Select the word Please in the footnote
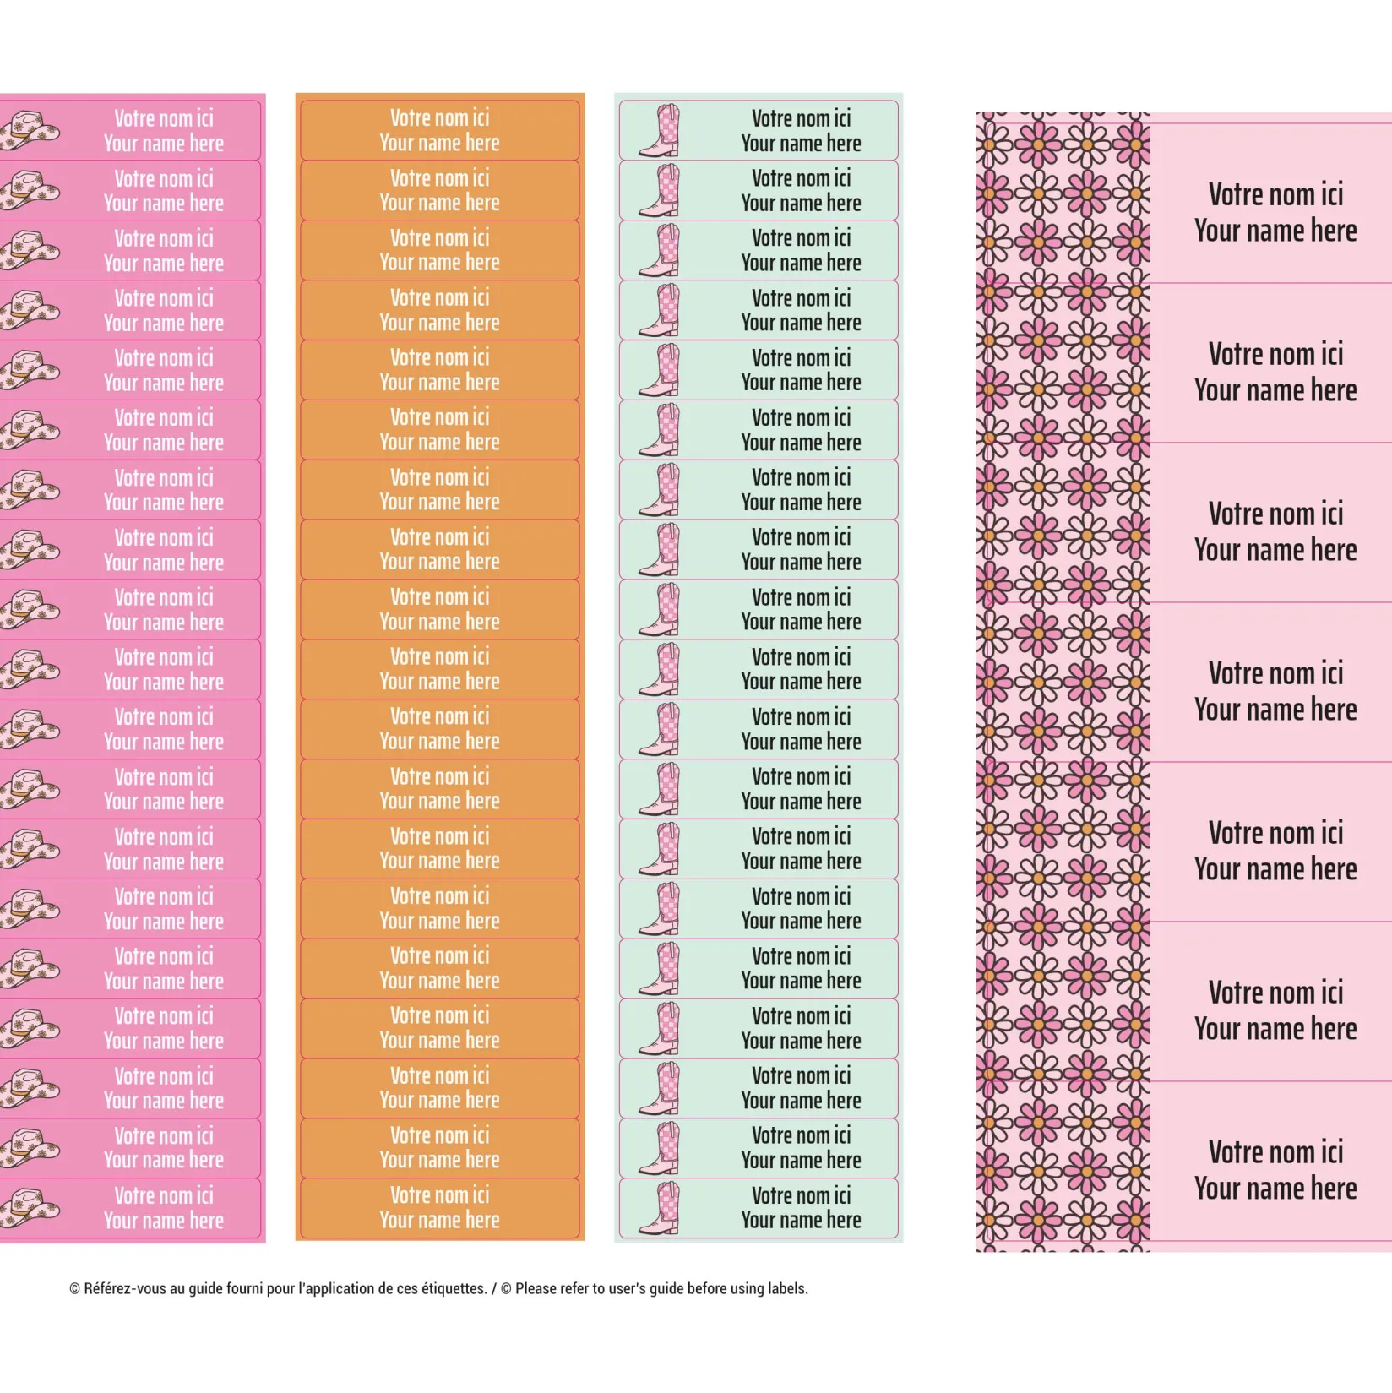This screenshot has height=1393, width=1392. point(540,1288)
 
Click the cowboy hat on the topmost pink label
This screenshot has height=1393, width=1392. point(30,132)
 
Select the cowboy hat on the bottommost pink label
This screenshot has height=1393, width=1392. point(30,1209)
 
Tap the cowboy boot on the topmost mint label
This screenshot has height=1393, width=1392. point(661,130)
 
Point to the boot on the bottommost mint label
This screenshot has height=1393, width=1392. point(661,1208)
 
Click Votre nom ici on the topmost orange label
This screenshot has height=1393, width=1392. point(439,118)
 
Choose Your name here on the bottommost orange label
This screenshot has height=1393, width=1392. point(439,1221)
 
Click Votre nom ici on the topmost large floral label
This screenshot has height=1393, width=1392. point(1275,194)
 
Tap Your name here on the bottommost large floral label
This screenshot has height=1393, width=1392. point(1275,1189)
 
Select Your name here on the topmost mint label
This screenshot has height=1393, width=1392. point(801,144)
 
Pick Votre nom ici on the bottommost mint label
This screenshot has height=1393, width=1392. point(801,1195)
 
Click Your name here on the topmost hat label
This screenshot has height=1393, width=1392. point(164,144)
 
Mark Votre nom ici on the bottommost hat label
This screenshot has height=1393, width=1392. point(164,1196)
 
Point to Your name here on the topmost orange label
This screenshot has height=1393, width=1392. point(439,143)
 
